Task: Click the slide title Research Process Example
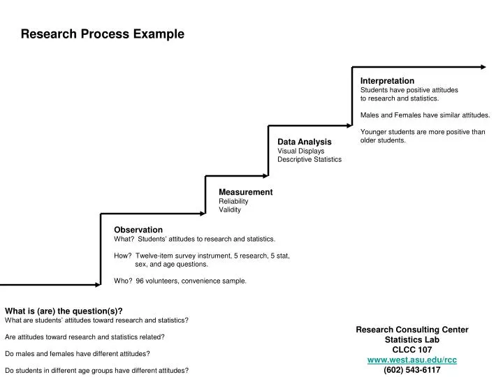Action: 102,34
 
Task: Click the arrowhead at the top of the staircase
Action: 483,67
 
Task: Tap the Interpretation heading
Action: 387,81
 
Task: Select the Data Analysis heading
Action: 305,142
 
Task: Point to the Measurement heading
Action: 245,192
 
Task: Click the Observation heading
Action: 138,230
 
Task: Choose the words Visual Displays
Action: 301,151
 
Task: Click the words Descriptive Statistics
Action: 309,159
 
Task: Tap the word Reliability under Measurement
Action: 233,201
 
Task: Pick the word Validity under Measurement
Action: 230,209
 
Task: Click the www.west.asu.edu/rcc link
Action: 412,360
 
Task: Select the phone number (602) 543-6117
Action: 412,370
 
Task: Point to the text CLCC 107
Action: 412,349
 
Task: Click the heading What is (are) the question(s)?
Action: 64,311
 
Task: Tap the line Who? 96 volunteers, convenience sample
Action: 180,281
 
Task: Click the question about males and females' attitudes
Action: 77,353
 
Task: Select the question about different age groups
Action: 96,370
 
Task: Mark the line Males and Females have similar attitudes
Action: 425,114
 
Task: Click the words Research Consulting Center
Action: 412,330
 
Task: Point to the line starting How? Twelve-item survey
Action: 201,256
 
